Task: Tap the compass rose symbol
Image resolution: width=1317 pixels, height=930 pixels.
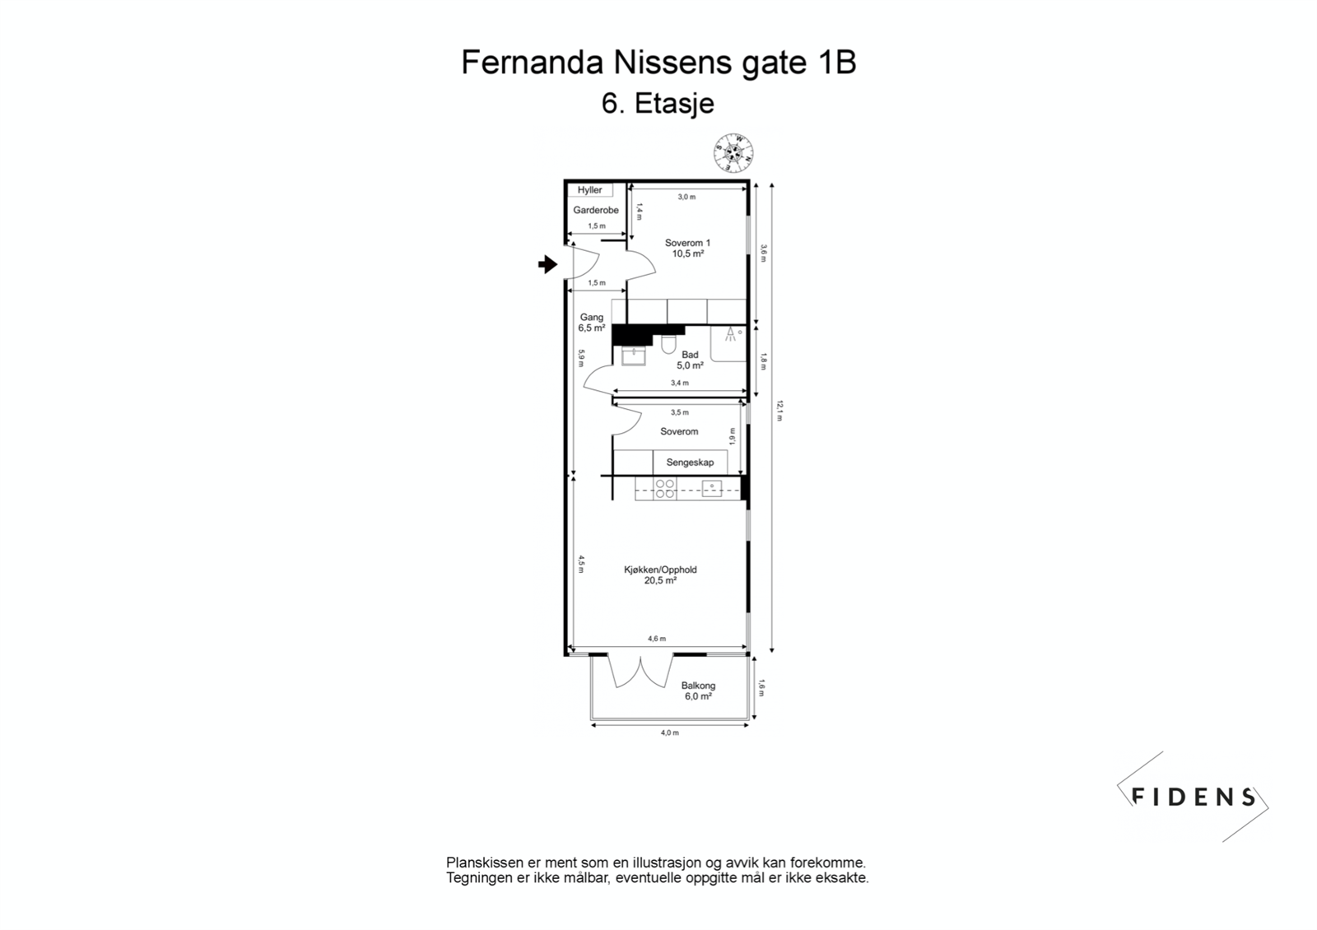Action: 733,152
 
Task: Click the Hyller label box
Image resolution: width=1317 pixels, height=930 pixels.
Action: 589,190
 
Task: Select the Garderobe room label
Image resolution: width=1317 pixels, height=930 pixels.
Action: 596,211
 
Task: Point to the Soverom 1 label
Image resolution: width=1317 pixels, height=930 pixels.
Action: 687,244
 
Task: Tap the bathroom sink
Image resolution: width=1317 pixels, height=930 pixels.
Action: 634,356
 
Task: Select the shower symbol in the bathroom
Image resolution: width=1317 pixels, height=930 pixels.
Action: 730,333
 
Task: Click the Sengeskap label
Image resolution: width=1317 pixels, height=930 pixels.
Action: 690,463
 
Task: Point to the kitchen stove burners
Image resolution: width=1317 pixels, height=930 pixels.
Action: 664,489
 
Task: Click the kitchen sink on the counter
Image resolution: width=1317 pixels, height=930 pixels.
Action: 711,488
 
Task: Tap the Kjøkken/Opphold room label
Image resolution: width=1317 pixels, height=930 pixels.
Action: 660,570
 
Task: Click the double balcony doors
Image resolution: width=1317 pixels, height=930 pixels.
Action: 640,672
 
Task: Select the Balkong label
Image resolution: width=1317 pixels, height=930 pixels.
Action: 698,686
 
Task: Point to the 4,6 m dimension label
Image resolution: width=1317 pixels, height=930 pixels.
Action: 656,639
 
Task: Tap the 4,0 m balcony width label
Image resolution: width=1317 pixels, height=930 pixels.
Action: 669,732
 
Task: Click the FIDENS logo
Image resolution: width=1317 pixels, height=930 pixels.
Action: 1193,797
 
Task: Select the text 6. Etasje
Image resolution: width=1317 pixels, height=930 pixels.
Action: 658,104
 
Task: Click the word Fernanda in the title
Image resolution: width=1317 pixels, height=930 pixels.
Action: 531,63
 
